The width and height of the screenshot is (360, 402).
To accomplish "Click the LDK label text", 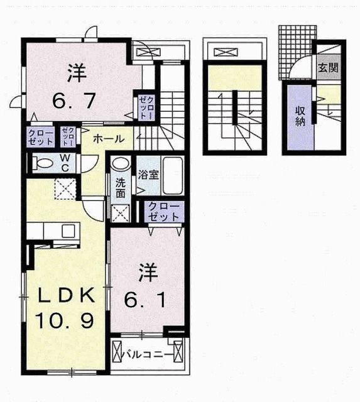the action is pyautogui.click(x=65, y=295).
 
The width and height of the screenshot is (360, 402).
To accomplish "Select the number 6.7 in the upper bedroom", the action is pyautogui.click(x=74, y=100).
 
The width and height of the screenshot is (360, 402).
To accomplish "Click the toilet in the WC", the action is pyautogui.click(x=42, y=163).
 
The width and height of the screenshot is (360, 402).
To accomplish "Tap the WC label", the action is pyautogui.click(x=65, y=163).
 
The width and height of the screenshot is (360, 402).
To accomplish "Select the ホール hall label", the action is pyautogui.click(x=109, y=139).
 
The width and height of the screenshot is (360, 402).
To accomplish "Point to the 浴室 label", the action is pyautogui.click(x=148, y=175).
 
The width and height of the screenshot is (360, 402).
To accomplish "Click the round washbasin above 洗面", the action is pyautogui.click(x=121, y=163).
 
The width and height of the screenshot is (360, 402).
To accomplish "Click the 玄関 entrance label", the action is pyautogui.click(x=329, y=67).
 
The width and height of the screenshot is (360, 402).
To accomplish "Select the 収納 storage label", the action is pyautogui.click(x=300, y=117).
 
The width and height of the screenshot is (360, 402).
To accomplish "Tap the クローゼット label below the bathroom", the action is pyautogui.click(x=163, y=212).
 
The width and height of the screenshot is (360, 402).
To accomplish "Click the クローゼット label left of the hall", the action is pyautogui.click(x=41, y=138).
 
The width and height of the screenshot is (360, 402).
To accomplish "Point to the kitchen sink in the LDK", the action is pyautogui.click(x=68, y=231).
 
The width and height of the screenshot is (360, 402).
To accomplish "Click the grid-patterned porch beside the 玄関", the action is pyautogui.click(x=296, y=52).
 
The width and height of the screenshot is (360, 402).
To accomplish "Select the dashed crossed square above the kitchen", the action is pyautogui.click(x=65, y=189).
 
